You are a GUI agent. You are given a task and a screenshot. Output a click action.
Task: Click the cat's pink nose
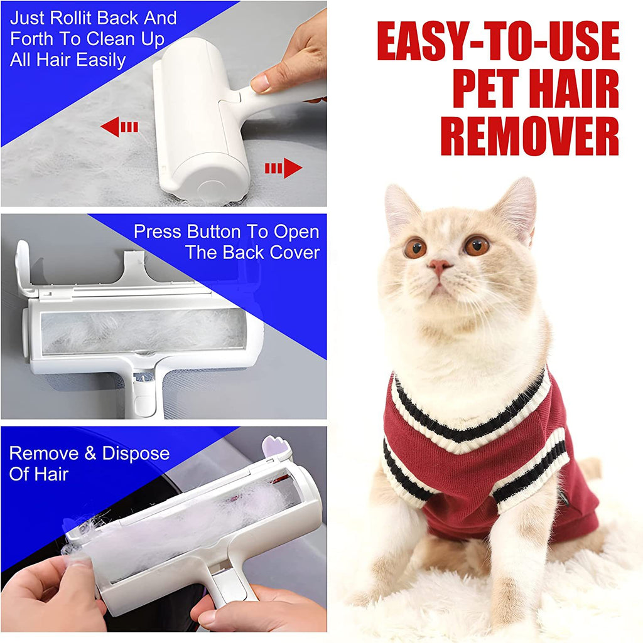[440, 266]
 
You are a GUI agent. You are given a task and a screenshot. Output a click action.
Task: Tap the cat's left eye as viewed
[415, 248]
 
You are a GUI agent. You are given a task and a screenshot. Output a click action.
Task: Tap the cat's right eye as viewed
[477, 245]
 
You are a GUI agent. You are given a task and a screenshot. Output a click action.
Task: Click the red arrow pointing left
[119, 127]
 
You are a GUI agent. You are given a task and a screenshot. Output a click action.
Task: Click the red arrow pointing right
[283, 167]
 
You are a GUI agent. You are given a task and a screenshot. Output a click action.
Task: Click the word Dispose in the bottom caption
[136, 453]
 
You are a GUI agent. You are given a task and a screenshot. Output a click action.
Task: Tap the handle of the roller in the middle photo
[142, 395]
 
